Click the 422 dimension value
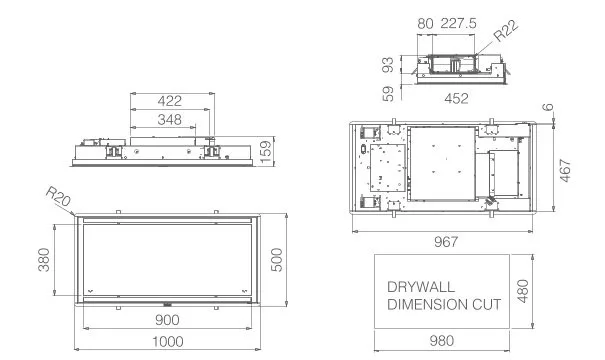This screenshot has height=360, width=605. coord(169,101)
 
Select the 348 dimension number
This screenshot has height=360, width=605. coord(169,120)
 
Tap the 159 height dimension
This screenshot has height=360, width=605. coord(266,152)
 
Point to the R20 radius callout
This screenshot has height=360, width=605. coord(58,196)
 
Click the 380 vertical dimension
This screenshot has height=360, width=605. coord(44,260)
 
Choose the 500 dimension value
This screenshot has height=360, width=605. coord(277,260)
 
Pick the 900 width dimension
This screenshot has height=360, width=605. coord(167,320)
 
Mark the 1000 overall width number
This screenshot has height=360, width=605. coord(167,342)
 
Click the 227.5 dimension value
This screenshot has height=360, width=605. coord(458,23)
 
